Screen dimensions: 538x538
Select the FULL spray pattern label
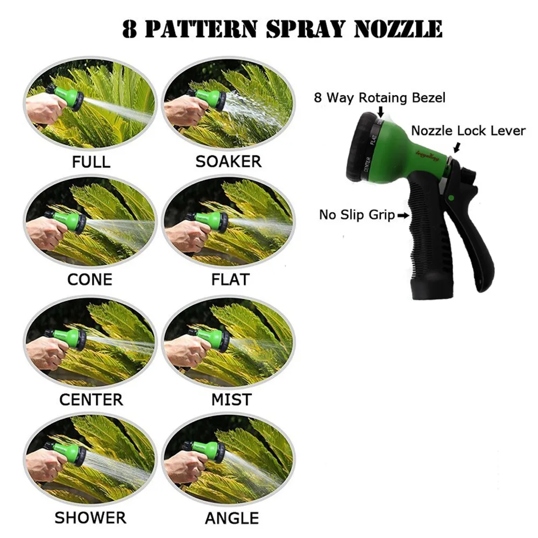[x=91, y=162]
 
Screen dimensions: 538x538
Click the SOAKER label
[x=229, y=161]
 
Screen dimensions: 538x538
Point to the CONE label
[x=90, y=280]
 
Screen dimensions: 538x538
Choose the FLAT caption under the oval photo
[x=230, y=280]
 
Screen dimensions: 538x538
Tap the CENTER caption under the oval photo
[x=91, y=400]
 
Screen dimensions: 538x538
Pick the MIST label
[x=231, y=400]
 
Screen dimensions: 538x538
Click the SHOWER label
[x=90, y=518]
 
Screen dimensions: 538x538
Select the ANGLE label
[x=232, y=518]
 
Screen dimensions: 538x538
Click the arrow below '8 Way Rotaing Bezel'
[x=380, y=112]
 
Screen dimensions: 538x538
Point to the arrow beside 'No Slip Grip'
[x=403, y=216]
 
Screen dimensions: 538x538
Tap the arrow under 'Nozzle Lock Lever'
[x=457, y=148]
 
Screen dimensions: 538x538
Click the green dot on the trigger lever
[x=451, y=197]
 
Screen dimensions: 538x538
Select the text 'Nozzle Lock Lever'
[x=469, y=131]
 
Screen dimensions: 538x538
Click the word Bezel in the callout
[x=429, y=98]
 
